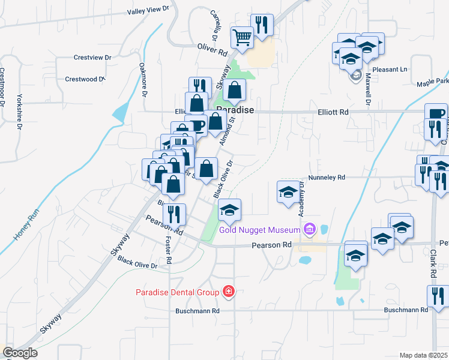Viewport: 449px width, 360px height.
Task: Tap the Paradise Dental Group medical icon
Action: coord(228,292)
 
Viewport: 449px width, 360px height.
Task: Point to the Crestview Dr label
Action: coord(93,58)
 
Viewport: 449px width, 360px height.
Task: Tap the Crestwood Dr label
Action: coord(85,79)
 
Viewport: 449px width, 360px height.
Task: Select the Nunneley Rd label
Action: coord(327,178)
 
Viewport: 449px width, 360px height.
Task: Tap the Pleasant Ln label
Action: coord(389,69)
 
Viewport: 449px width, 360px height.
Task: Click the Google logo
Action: coord(20,352)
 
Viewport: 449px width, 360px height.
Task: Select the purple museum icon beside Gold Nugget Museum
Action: coord(309,229)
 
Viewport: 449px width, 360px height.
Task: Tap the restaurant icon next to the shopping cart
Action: coord(261,25)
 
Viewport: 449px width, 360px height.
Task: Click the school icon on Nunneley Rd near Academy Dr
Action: coord(288,191)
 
